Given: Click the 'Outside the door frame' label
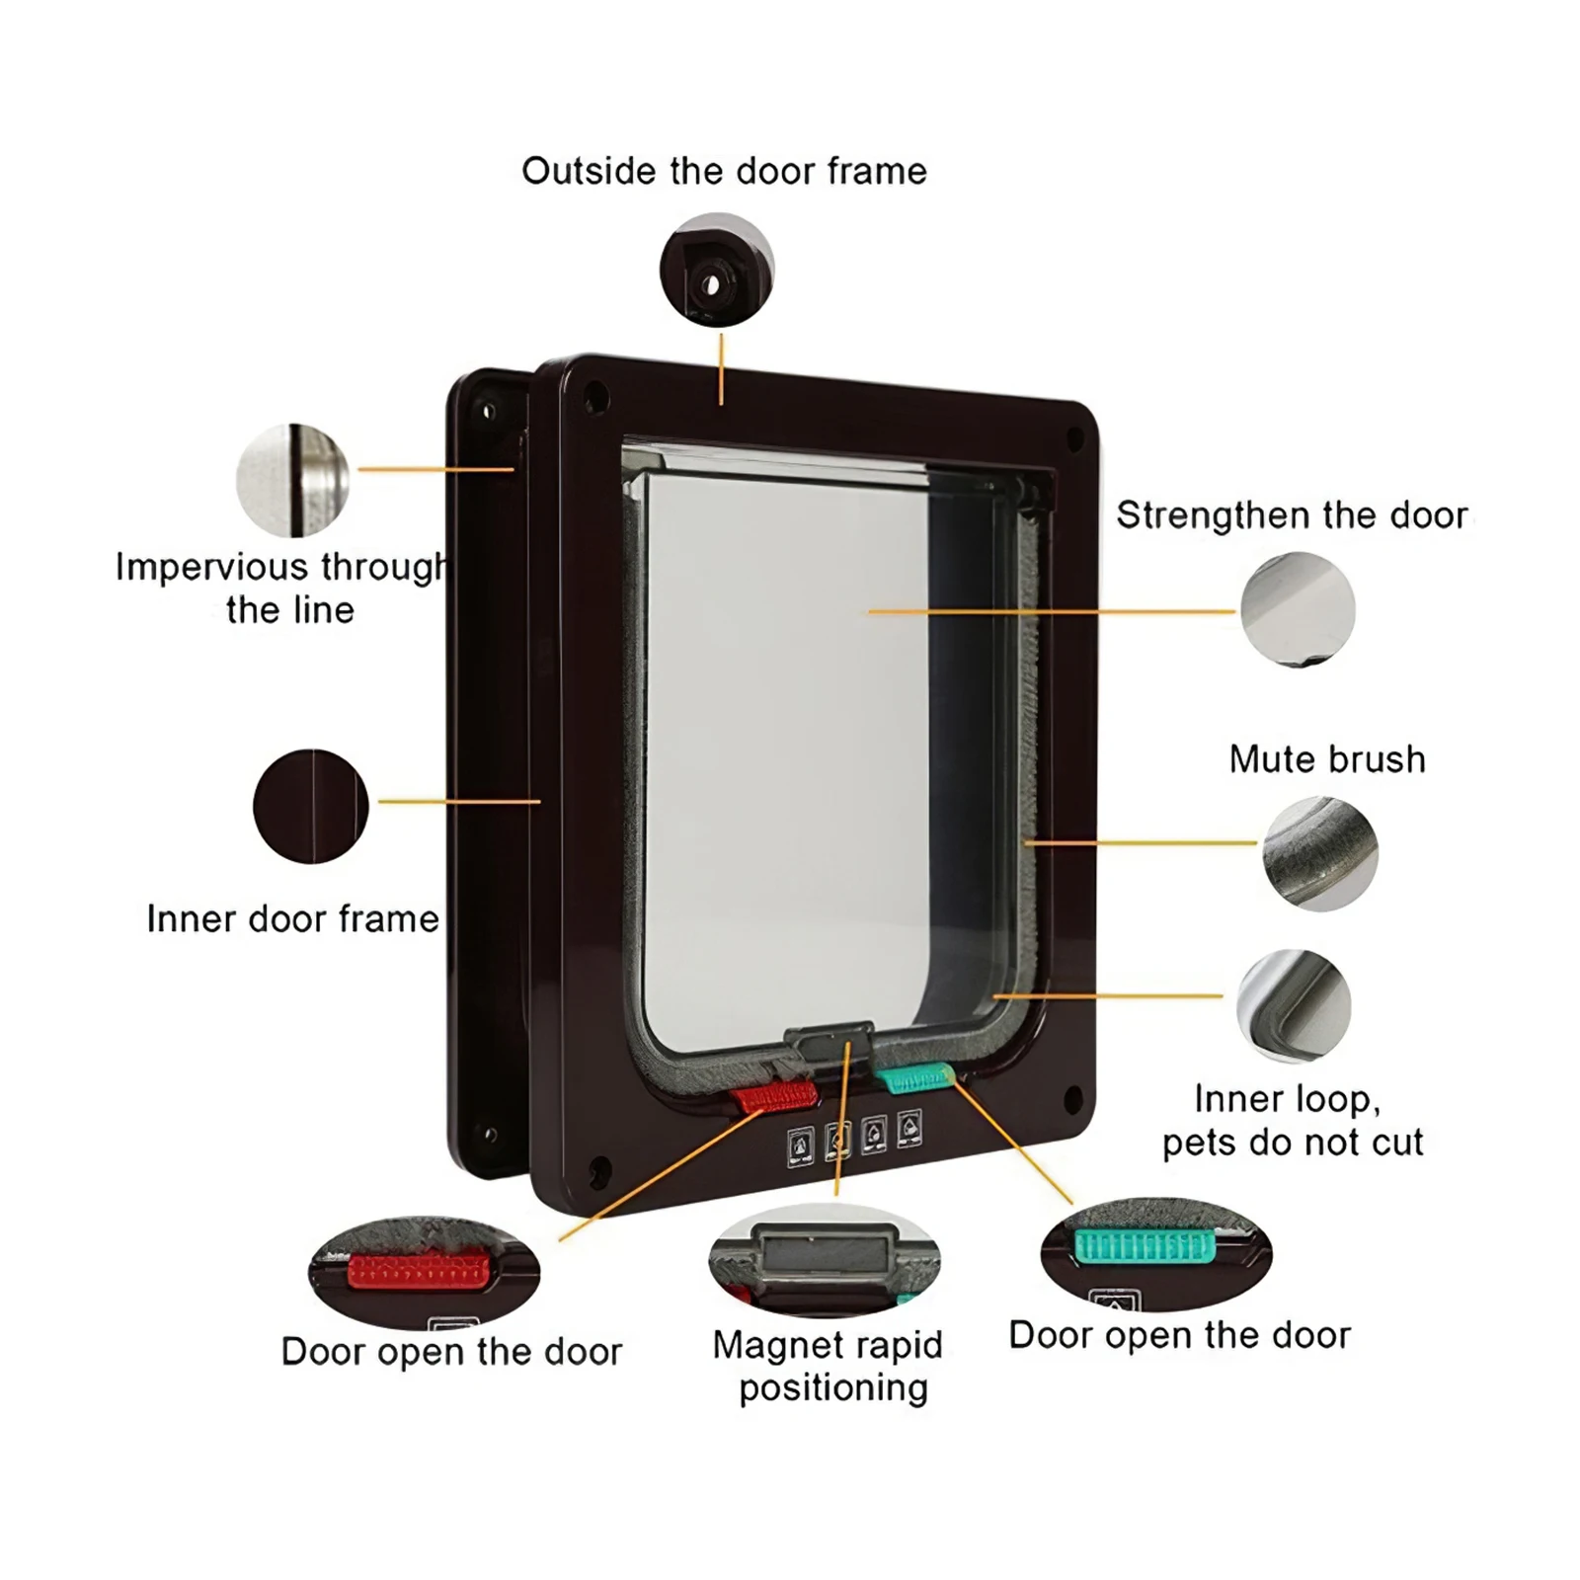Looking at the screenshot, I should point(724,172).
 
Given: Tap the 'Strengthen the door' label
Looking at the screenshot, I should point(1292,515).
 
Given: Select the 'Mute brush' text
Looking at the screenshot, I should point(1327,759).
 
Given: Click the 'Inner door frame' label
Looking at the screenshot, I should point(292,919).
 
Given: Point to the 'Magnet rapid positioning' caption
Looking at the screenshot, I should point(829,1367).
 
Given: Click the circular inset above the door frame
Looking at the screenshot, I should point(717,270).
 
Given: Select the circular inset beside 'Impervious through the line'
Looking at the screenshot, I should point(293,481).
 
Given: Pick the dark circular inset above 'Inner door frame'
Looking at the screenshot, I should point(311,806).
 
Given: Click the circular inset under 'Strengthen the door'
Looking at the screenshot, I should point(1298,608).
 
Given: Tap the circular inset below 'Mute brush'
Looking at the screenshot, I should point(1320,853).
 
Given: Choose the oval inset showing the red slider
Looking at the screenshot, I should point(425,1272).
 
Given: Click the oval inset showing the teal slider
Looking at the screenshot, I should point(1155,1254).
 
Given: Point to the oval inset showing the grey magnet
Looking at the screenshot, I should point(825,1261).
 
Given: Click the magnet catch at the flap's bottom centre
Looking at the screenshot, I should point(829,1041).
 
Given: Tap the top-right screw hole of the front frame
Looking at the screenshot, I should point(1072,434).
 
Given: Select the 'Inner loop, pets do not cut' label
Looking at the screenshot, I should point(1292,1121).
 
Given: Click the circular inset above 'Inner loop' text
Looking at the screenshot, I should point(1294,1006).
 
